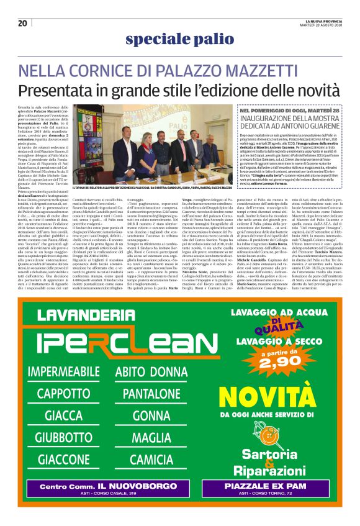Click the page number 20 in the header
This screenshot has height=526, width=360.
tap(22, 23)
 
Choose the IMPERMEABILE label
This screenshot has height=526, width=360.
tap(72, 371)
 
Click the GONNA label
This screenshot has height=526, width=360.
tap(151, 415)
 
